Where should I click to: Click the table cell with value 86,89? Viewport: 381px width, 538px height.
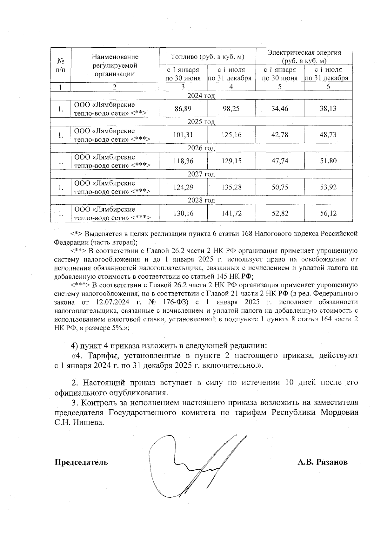pyautogui.click(x=183, y=109)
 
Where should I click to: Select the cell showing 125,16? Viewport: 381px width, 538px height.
pyautogui.click(x=231, y=135)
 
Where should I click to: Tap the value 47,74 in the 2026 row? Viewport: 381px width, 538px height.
pyautogui.click(x=280, y=161)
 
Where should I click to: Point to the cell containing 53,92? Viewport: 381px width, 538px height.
pyautogui.click(x=328, y=187)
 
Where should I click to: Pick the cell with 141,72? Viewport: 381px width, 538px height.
pyautogui.click(x=231, y=213)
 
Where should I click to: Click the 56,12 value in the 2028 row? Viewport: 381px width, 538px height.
pyautogui.click(x=328, y=213)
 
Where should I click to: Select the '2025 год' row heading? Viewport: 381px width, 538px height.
pyautogui.click(x=201, y=122)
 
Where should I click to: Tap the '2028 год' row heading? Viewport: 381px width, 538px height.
pyautogui.click(x=201, y=200)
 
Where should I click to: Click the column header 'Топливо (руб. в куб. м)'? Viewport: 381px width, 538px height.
pyautogui.click(x=207, y=57)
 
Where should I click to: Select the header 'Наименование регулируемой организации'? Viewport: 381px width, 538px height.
pyautogui.click(x=115, y=65)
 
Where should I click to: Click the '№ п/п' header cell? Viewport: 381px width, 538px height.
pyautogui.click(x=61, y=65)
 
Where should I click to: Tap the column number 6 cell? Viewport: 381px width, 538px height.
pyautogui.click(x=328, y=87)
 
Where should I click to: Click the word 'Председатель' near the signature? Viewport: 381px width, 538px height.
pyautogui.click(x=81, y=462)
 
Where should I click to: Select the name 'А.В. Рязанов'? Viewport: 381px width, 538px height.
pyautogui.click(x=322, y=462)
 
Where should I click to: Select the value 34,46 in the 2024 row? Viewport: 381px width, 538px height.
pyautogui.click(x=280, y=109)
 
